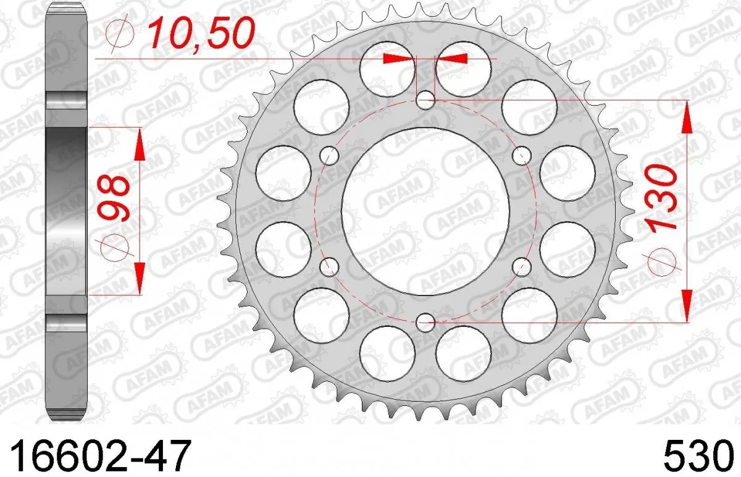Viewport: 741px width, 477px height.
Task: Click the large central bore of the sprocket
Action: (x=425, y=211)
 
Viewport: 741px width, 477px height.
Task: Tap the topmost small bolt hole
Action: (x=425, y=100)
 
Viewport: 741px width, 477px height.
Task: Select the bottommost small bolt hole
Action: (x=425, y=321)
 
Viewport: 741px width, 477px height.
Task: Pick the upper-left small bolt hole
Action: (x=330, y=155)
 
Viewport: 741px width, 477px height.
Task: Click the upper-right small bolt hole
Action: (x=522, y=154)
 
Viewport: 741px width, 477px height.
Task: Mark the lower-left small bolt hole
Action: (x=330, y=267)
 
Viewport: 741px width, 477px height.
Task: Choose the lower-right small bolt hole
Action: (x=522, y=267)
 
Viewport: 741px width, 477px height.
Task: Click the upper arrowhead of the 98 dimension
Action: (x=139, y=145)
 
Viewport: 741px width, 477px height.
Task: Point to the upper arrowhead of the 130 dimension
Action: (x=686, y=119)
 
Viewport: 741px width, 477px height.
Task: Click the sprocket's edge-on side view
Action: (x=66, y=210)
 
